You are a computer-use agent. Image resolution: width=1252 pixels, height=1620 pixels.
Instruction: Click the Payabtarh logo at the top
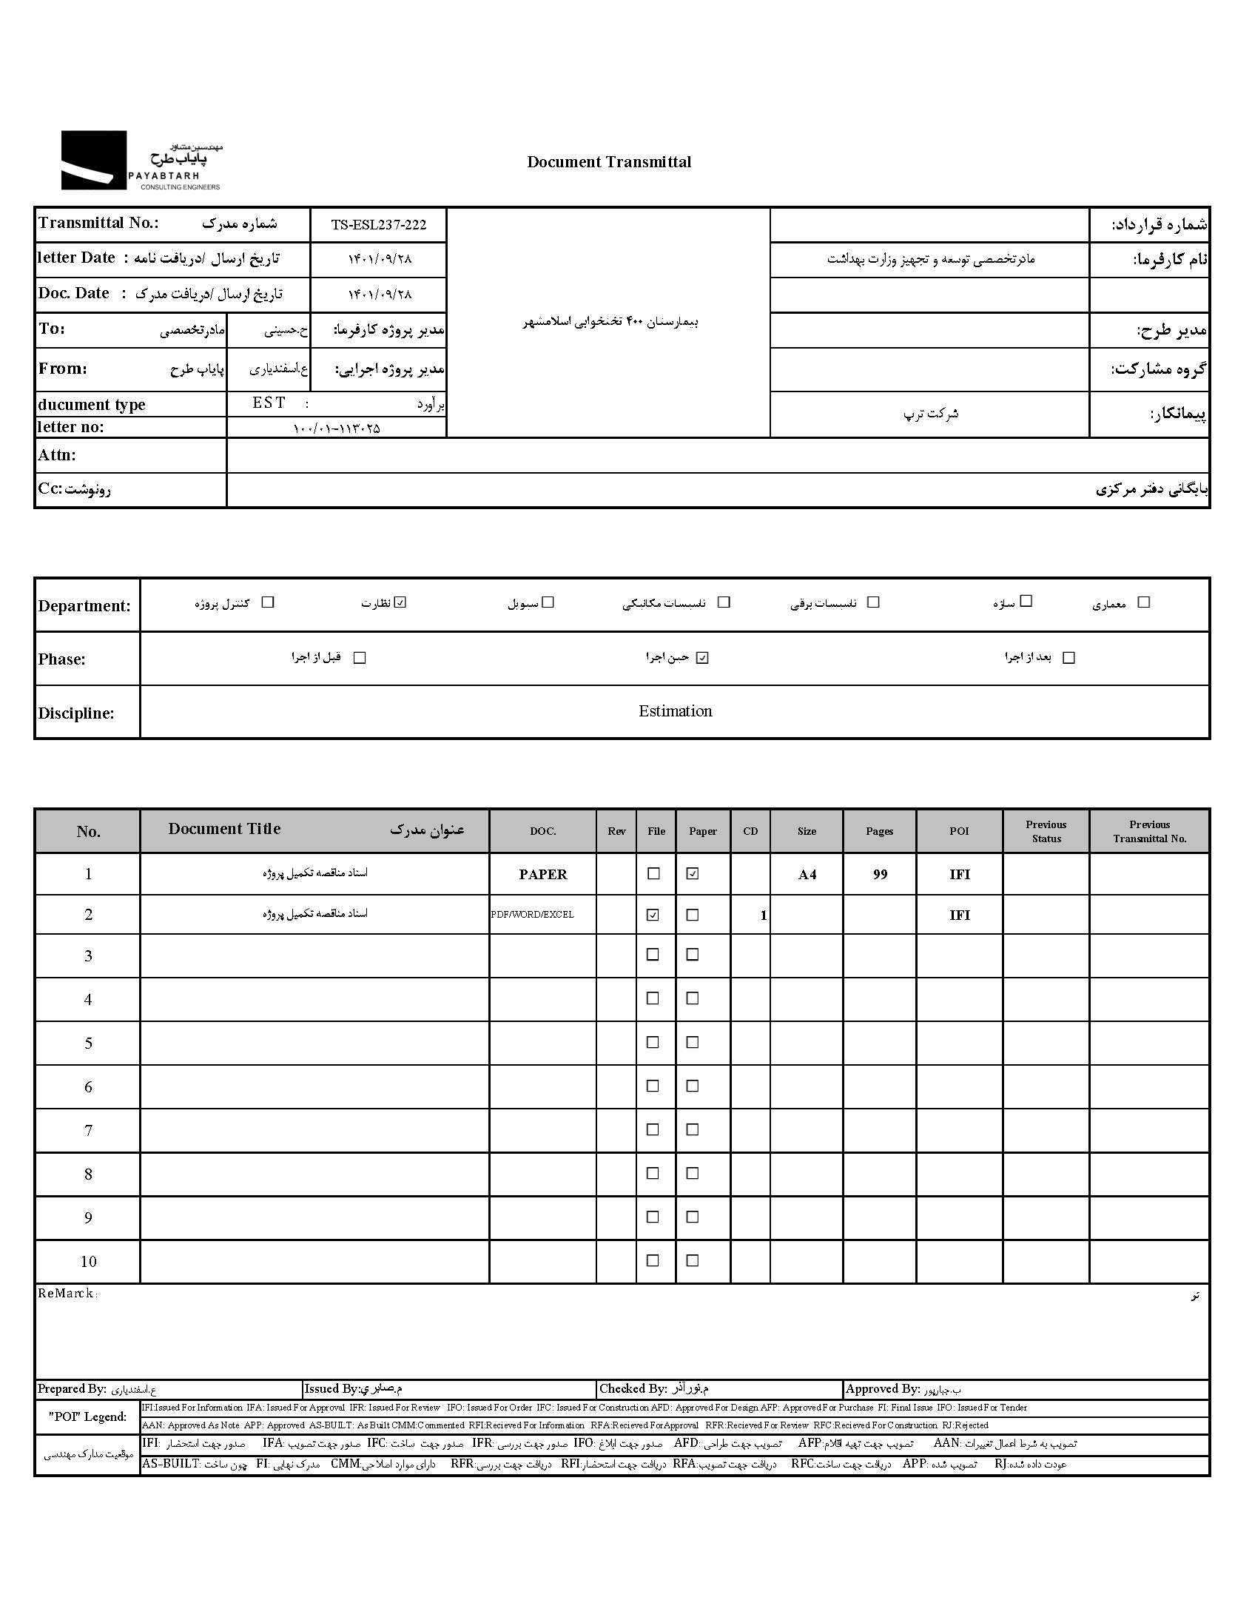tap(141, 161)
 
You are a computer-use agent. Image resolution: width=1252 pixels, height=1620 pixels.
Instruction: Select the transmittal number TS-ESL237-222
tap(378, 225)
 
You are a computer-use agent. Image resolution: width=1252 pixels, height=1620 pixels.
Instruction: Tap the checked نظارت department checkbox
tap(400, 602)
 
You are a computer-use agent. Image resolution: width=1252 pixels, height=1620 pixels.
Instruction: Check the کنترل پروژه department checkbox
tap(268, 602)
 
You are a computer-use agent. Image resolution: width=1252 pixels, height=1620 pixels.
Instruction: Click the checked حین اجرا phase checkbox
tap(702, 657)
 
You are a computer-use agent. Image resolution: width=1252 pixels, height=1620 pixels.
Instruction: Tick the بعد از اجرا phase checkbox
tap(1068, 657)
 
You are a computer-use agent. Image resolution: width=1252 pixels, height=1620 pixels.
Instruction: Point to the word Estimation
tap(675, 711)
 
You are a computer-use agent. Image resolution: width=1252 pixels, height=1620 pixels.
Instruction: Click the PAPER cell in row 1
tap(542, 875)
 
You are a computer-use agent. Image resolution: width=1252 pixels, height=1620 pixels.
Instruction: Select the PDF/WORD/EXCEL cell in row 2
tap(533, 915)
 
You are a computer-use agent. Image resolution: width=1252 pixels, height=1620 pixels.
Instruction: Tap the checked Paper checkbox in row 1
tap(692, 874)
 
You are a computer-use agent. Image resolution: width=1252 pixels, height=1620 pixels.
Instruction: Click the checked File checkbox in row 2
tap(653, 915)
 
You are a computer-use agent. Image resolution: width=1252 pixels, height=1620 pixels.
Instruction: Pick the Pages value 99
tap(880, 875)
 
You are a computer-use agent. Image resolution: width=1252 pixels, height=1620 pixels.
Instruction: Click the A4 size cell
tap(807, 875)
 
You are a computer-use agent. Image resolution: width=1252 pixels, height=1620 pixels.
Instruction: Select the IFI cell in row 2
tap(959, 915)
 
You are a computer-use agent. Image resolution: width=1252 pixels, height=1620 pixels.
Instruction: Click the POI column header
tap(959, 832)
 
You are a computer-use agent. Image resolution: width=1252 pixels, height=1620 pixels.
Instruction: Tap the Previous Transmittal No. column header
tap(1149, 832)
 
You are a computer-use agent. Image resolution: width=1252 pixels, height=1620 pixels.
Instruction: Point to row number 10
tap(88, 1262)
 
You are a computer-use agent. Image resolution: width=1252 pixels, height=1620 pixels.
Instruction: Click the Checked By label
tap(633, 1388)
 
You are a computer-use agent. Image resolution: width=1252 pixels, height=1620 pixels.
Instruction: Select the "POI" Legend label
tap(87, 1416)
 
